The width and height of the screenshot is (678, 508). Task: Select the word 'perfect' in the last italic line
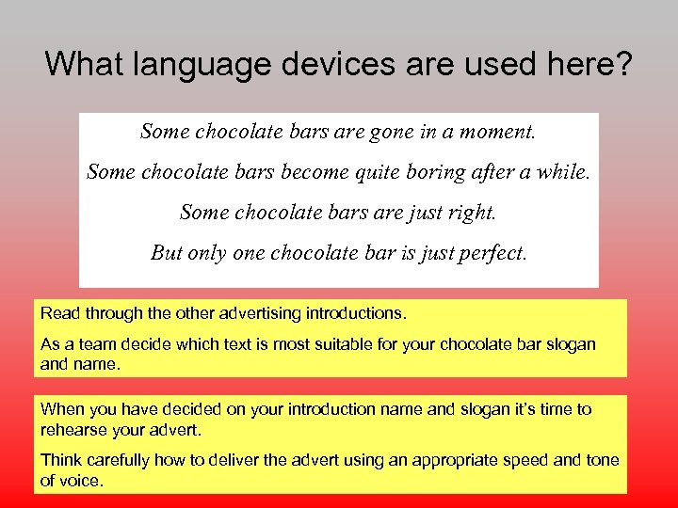(489, 253)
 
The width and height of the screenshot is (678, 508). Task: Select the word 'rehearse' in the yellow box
(72, 430)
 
